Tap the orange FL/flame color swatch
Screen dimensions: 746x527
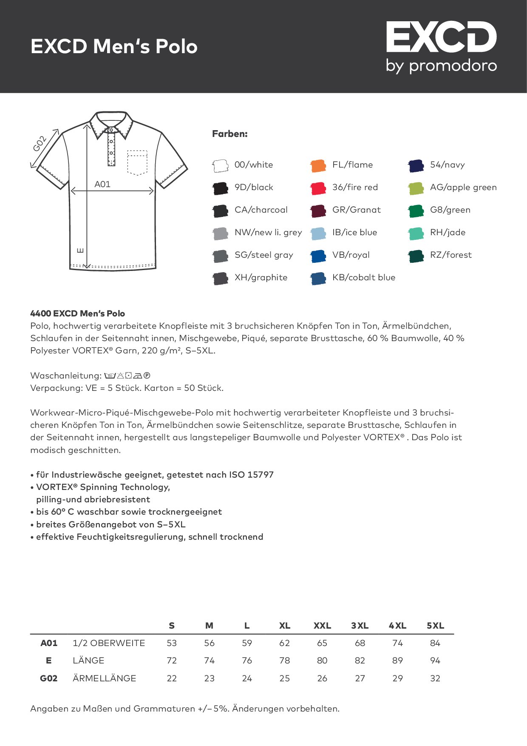pyautogui.click(x=318, y=165)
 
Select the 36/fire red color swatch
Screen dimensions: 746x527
pyautogui.click(x=318, y=188)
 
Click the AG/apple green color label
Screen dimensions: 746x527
pyautogui.click(x=463, y=188)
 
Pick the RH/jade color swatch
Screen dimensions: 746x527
pyautogui.click(x=416, y=233)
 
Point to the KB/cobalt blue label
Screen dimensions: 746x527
pyautogui.click(x=364, y=278)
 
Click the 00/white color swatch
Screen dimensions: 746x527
pyautogui.click(x=220, y=165)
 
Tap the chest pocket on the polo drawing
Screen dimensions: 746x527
pyautogui.click(x=137, y=162)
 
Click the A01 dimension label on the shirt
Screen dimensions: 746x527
pyautogui.click(x=102, y=184)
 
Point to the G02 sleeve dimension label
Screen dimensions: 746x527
pyautogui.click(x=40, y=144)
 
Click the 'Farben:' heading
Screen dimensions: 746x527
pyautogui.click(x=230, y=134)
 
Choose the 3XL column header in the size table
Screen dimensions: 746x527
pyautogui.click(x=360, y=626)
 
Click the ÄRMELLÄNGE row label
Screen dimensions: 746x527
pyautogui.click(x=104, y=678)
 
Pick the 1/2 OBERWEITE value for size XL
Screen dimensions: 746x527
pyautogui.click(x=284, y=643)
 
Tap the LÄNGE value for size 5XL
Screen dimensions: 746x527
pyautogui.click(x=435, y=661)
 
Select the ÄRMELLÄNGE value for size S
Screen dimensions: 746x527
pyautogui.click(x=172, y=678)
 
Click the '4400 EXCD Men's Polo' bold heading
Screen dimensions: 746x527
pyautogui.click(x=78, y=314)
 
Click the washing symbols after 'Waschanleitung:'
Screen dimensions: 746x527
pyautogui.click(x=127, y=376)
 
